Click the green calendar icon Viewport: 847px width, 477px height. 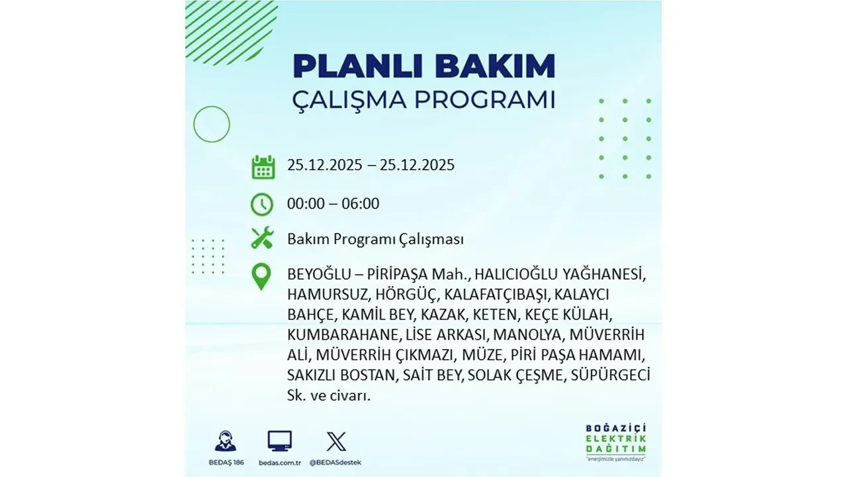point(263,166)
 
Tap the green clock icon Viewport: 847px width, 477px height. point(262,204)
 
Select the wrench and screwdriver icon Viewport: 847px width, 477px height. point(262,238)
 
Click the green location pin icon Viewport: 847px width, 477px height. point(262,277)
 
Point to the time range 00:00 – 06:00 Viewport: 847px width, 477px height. point(333,203)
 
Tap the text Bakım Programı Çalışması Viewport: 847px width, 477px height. point(375,239)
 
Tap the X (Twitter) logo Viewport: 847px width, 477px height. point(336,441)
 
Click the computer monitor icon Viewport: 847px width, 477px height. point(280,441)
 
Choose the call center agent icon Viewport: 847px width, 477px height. point(225,441)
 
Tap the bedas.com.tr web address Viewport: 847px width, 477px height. point(280,462)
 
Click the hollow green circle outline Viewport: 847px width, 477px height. point(212,124)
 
